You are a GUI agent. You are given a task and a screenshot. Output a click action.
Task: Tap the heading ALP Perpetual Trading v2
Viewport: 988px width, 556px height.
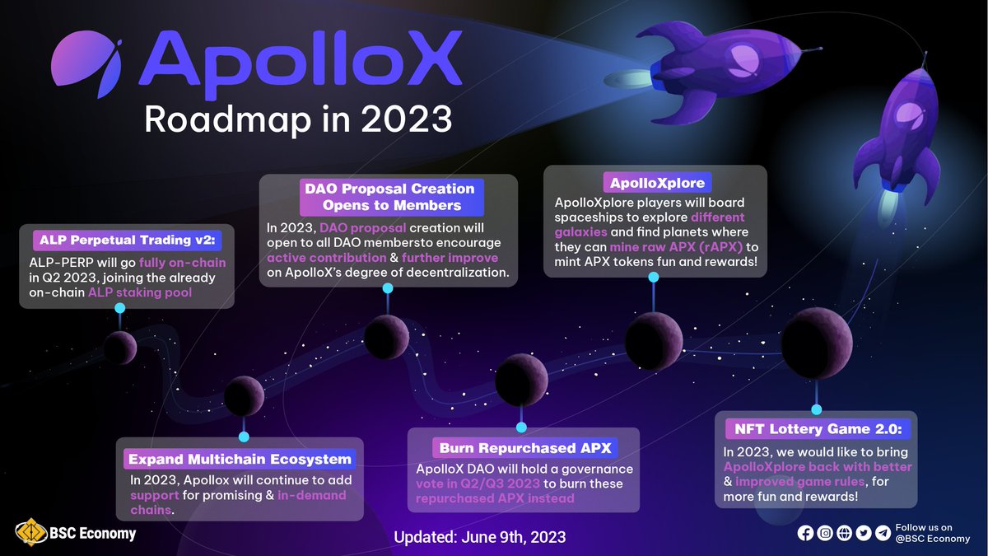(x=125, y=241)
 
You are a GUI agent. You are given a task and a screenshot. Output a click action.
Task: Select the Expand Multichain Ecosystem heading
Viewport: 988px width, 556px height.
(x=239, y=459)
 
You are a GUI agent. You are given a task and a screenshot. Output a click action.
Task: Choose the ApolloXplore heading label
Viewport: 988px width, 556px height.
(x=655, y=182)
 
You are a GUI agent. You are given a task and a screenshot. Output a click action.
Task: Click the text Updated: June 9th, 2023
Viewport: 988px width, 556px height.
(x=480, y=537)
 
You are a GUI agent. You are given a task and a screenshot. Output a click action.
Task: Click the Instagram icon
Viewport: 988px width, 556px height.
(x=824, y=533)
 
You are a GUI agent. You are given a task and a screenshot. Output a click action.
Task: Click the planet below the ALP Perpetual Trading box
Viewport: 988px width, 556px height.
(x=119, y=347)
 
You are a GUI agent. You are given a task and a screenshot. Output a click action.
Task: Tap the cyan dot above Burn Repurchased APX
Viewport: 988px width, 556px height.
(x=520, y=427)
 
